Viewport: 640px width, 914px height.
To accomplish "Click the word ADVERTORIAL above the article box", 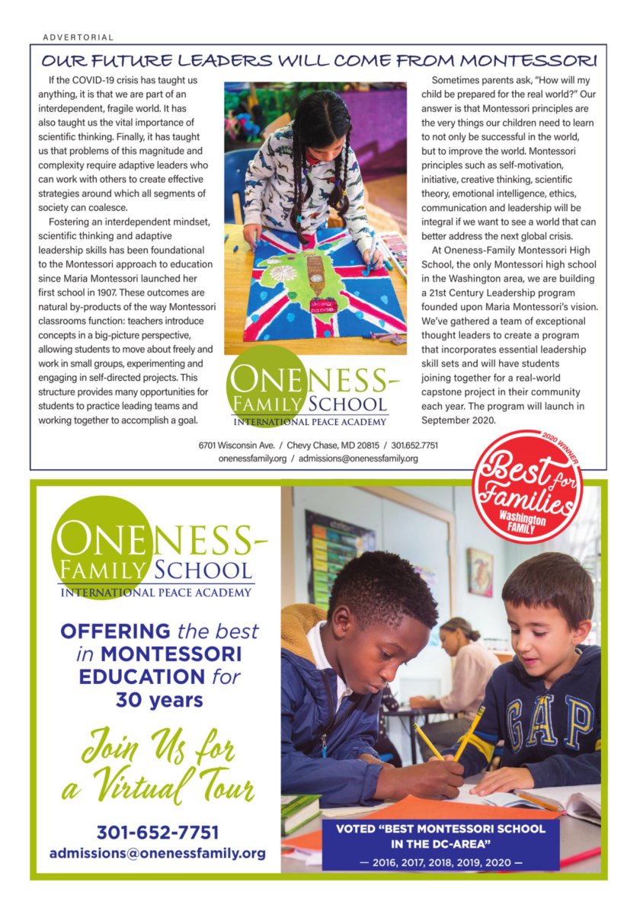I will point(78,37).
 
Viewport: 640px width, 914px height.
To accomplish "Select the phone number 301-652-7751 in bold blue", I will point(158,831).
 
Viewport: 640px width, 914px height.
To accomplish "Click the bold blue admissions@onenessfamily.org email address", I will point(158,853).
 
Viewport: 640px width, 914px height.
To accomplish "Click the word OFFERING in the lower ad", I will point(115,631).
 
